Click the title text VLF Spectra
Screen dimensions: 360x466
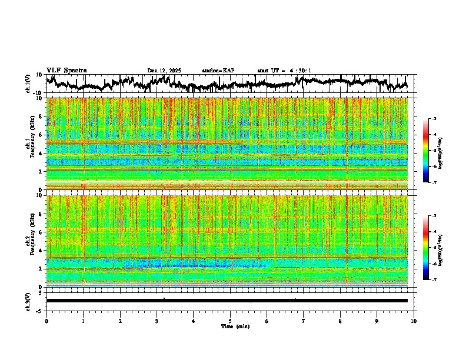pyautogui.click(x=66, y=71)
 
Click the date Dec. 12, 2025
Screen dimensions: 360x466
pyautogui.click(x=164, y=71)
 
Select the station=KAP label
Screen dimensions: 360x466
pyautogui.click(x=218, y=71)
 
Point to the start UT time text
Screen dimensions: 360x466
pyautogui.click(x=284, y=71)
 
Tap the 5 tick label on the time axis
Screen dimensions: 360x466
pyautogui.click(x=230, y=321)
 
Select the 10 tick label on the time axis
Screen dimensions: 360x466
pyautogui.click(x=414, y=321)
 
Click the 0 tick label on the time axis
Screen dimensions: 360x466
pyautogui.click(x=46, y=321)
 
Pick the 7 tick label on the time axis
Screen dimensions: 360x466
pyautogui.click(x=304, y=321)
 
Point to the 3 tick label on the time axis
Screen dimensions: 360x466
pyautogui.click(x=157, y=321)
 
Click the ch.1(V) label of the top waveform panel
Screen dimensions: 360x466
pyautogui.click(x=28, y=84)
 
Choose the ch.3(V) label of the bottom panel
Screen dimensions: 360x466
pyautogui.click(x=28, y=301)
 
